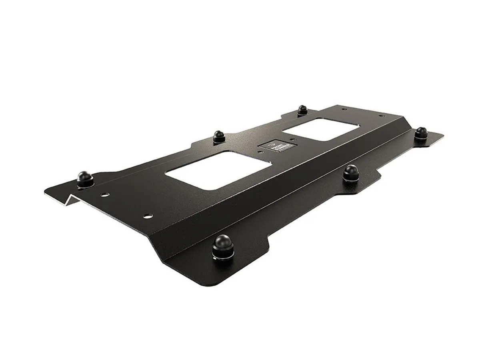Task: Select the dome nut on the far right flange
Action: [x=421, y=132]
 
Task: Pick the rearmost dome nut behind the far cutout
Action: [x=302, y=110]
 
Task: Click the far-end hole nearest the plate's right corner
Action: [x=380, y=116]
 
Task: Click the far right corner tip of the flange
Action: [x=443, y=135]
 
